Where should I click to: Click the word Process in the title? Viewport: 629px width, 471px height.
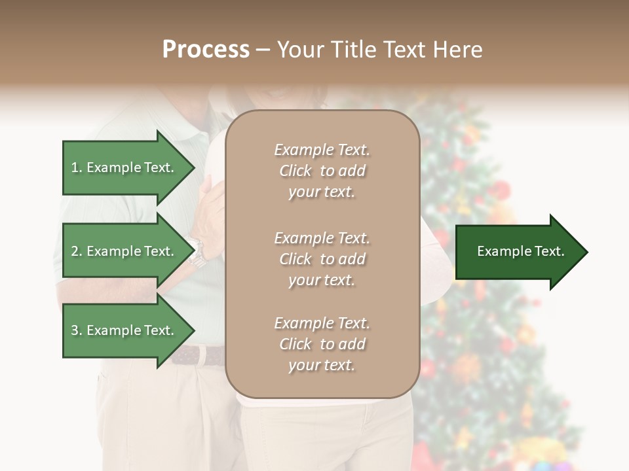coord(206,50)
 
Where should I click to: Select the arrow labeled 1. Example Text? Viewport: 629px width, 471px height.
coord(124,167)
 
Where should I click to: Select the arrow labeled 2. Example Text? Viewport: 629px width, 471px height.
coord(124,251)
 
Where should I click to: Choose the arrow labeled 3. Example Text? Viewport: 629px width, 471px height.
coord(124,330)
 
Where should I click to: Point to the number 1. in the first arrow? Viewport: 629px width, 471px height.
coord(77,167)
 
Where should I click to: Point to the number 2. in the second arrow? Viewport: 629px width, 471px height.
coord(77,251)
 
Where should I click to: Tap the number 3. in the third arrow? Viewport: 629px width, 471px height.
coord(77,330)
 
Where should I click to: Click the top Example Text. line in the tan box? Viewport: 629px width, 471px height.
coord(322,150)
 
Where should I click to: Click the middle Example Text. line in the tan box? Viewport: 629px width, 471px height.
coord(322,238)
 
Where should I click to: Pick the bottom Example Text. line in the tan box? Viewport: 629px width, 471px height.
coord(322,323)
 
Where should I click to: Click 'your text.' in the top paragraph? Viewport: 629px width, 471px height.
coord(322,192)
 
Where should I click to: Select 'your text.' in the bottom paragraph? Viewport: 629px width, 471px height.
coord(322,366)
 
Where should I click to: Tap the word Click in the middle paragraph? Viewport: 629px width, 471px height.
coord(295,259)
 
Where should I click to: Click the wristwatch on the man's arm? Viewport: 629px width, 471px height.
coord(197,253)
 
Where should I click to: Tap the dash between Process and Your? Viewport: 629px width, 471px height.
coord(263,50)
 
